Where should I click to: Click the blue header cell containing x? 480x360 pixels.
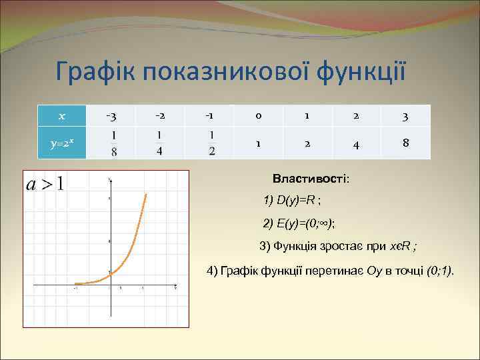[61, 116]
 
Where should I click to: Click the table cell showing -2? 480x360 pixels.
[161, 116]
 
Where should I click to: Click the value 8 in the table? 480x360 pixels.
[406, 143]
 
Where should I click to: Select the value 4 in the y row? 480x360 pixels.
[357, 144]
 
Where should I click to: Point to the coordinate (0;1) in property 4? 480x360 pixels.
[439, 271]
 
